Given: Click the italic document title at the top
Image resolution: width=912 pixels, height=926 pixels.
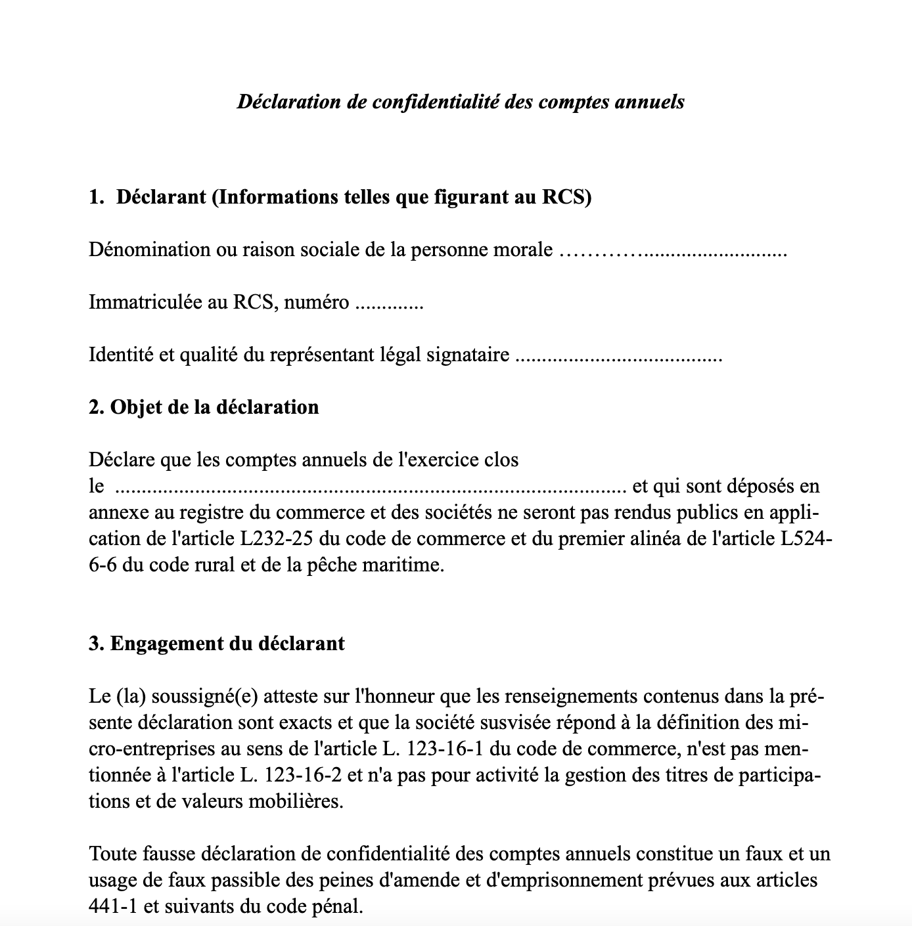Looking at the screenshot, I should pos(461,102).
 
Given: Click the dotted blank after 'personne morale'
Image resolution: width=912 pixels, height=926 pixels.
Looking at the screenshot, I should pos(672,252).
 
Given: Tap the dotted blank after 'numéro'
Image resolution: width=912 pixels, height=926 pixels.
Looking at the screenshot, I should pos(389,305).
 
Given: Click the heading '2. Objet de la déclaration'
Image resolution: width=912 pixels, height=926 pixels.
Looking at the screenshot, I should pos(204,407).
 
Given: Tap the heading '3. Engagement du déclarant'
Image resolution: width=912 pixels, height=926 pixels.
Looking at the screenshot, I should pos(217,644).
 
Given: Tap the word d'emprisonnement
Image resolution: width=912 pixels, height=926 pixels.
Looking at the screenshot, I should pos(563,881).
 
